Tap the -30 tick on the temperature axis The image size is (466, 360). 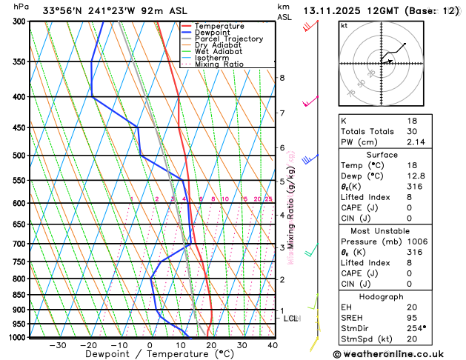coord(58,345)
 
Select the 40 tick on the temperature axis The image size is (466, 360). coord(273,345)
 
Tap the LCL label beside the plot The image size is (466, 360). coord(290,319)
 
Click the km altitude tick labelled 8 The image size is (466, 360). coord(282,78)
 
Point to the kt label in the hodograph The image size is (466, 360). coord(344,26)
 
